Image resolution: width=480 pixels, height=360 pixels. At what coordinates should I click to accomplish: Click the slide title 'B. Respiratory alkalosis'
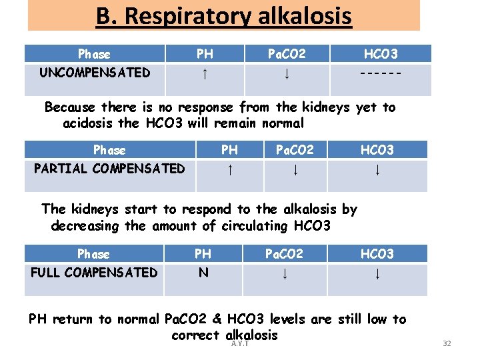(223, 16)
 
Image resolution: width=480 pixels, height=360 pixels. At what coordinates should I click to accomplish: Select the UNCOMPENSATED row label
(94, 72)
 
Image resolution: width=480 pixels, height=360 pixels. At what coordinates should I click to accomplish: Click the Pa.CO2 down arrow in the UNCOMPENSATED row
(286, 73)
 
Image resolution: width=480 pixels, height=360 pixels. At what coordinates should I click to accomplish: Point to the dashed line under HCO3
(380, 73)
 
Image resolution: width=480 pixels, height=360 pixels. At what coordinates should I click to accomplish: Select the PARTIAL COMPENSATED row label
(109, 168)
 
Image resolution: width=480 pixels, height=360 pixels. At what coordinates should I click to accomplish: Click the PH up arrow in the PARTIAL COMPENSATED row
(229, 169)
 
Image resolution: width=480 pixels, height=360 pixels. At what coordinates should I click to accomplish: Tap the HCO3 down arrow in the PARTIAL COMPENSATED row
(377, 169)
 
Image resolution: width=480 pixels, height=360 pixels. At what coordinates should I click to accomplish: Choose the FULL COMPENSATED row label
(94, 272)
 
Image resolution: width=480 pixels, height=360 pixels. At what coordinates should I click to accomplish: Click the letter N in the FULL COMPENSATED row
(203, 272)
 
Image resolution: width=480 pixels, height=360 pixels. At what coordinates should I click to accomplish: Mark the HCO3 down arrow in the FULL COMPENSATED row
(377, 273)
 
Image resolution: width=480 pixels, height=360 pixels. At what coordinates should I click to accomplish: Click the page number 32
(447, 343)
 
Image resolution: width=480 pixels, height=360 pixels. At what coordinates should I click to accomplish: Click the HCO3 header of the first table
(380, 53)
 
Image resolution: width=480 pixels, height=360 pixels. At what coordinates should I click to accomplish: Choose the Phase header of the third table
(93, 253)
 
